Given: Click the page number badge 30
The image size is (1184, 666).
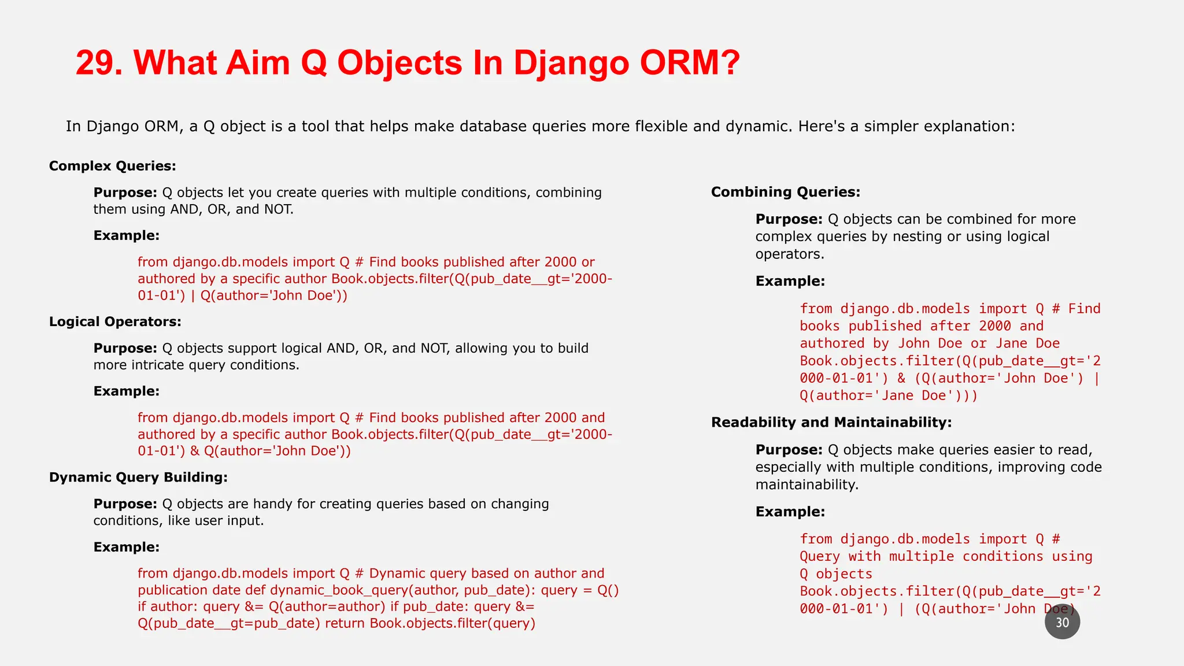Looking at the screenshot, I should [1062, 622].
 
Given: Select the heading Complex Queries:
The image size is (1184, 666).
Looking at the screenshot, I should [112, 166].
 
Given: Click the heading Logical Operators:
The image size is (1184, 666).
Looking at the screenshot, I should [115, 322].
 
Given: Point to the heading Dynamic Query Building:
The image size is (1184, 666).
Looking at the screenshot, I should [138, 478].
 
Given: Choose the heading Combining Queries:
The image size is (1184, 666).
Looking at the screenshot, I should [785, 192].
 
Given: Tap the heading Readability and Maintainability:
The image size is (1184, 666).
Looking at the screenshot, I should [831, 423].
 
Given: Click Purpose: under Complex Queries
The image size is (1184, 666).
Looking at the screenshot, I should [125, 193].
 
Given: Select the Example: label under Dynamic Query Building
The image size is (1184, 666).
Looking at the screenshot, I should [126, 547].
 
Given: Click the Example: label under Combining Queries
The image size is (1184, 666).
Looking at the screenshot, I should [790, 282].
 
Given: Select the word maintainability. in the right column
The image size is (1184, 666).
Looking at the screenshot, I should [806, 484].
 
